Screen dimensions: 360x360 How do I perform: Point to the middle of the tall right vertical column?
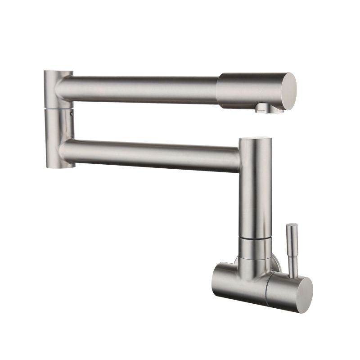tap(256, 189)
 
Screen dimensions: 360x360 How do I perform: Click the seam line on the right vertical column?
tap(255, 238)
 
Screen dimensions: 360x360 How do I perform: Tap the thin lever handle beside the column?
tap(292, 252)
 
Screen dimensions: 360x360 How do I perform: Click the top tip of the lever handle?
tap(292, 225)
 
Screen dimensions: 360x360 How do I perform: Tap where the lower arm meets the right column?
tap(239, 155)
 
